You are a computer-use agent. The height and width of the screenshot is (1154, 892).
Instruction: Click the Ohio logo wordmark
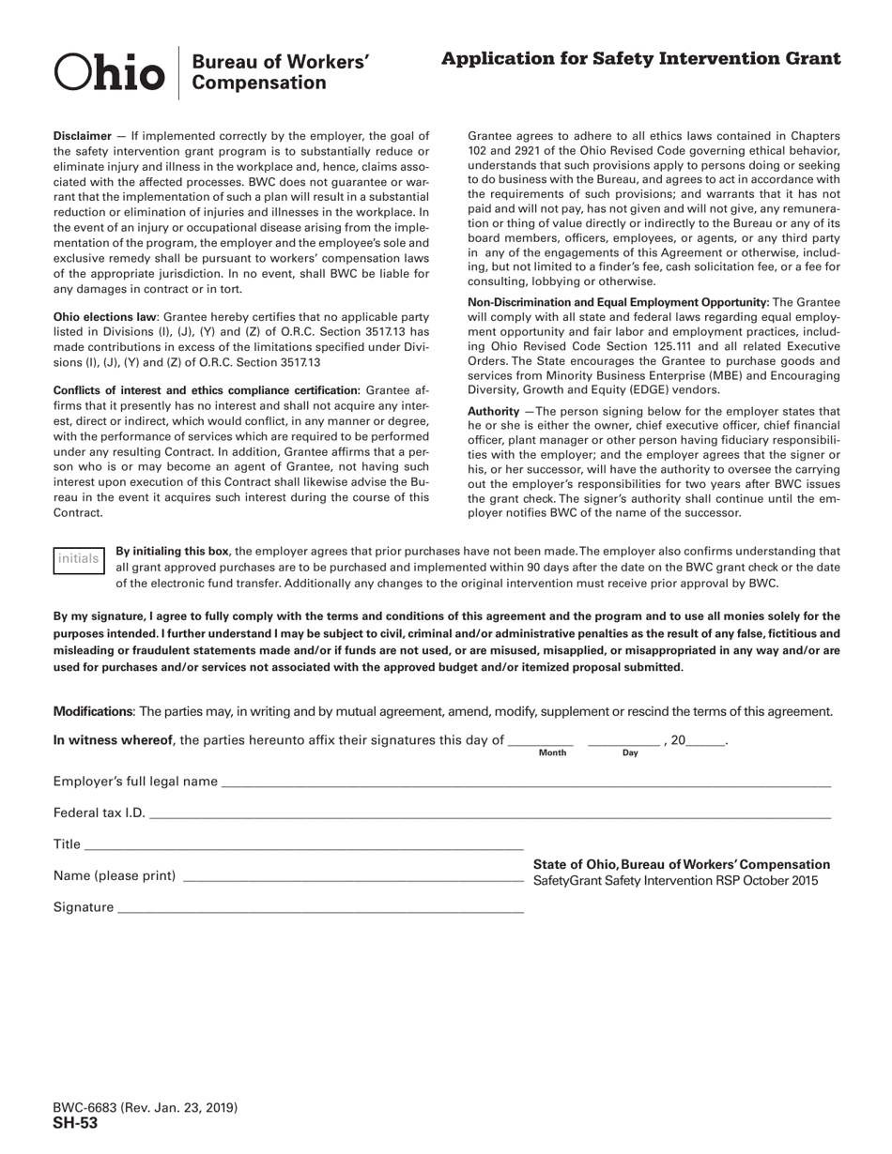[x=110, y=73]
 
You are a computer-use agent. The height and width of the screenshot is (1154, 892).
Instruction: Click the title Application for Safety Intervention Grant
[x=640, y=59]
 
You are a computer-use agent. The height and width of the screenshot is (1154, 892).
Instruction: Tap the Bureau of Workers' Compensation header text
[x=280, y=72]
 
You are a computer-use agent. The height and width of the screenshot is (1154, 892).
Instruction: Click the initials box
[x=78, y=559]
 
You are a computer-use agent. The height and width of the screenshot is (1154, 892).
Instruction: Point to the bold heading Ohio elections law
[x=104, y=317]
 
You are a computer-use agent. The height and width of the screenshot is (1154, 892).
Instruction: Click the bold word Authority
[x=493, y=412]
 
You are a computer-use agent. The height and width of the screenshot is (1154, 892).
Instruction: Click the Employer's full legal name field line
[x=526, y=783]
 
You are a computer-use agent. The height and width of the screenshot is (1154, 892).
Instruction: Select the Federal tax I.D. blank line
[x=489, y=814]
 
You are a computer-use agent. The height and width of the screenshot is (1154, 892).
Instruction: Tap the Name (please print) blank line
[x=353, y=878]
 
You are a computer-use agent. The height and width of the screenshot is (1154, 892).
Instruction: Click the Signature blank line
[x=320, y=909]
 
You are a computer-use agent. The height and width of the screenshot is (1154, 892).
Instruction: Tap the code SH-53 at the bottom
[x=75, y=1123]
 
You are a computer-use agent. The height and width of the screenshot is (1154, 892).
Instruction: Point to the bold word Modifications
[x=93, y=711]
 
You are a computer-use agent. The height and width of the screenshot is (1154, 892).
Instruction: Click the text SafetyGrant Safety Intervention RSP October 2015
[x=675, y=881]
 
